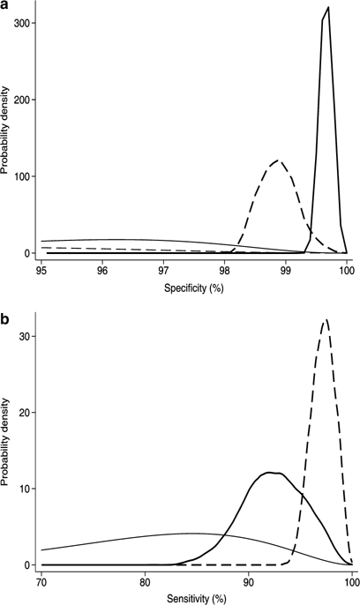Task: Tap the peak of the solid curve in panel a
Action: [328, 8]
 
